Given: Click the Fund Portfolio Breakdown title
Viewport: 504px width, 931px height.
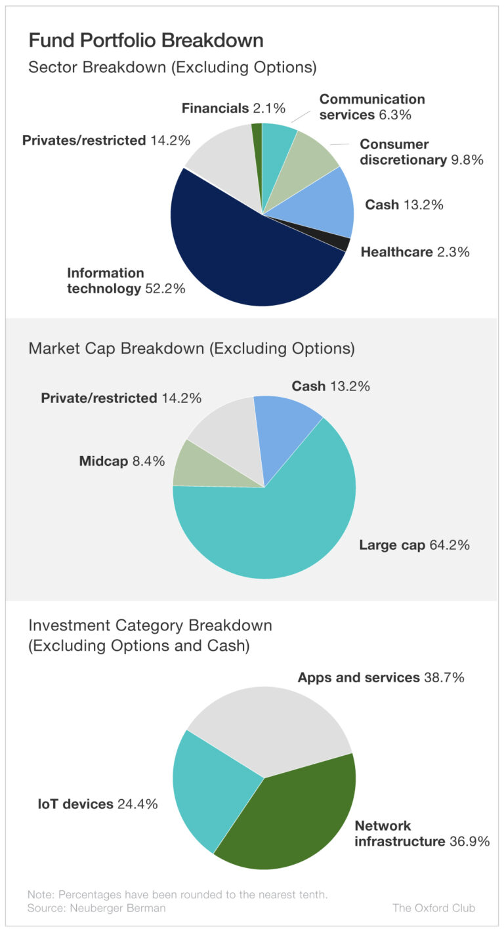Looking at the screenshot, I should click(146, 41).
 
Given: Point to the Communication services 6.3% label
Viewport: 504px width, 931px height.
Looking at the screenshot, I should click(372, 107).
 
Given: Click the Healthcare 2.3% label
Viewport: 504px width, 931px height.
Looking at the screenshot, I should click(415, 252).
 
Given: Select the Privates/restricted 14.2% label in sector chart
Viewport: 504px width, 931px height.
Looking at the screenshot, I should click(106, 140).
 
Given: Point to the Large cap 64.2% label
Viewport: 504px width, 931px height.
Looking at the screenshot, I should click(414, 545).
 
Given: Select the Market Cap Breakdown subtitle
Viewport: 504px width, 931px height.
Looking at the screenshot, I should click(192, 348).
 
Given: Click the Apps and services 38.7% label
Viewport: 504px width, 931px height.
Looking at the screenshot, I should click(381, 678).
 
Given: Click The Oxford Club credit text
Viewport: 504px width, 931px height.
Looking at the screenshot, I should click(433, 908).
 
